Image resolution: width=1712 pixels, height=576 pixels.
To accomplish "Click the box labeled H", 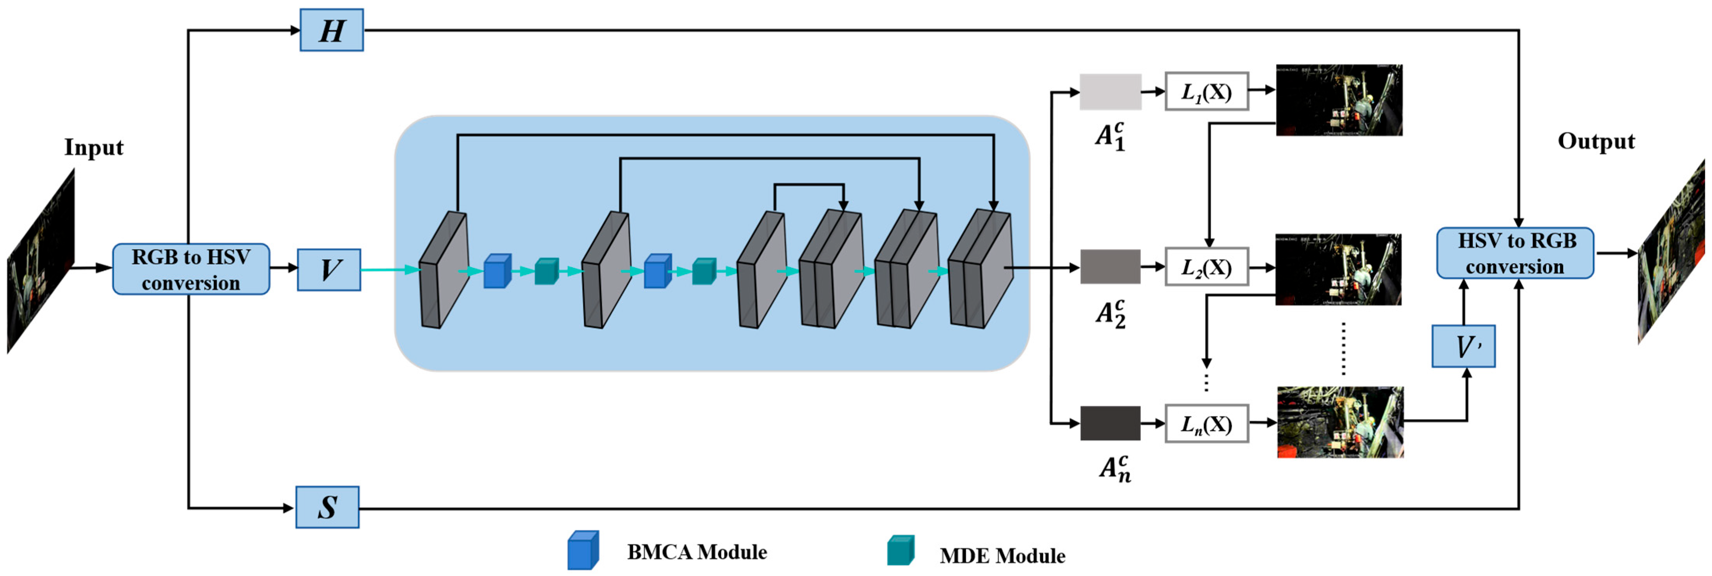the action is click(x=332, y=30).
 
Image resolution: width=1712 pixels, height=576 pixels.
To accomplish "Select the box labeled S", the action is click(x=328, y=507).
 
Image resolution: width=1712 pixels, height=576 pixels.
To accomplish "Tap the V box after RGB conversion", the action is click(x=329, y=269).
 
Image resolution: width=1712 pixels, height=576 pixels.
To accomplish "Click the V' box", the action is click(x=1463, y=346).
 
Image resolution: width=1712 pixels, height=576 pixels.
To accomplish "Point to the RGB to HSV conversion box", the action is click(x=191, y=269).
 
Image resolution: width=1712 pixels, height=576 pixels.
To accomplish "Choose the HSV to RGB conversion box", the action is click(x=1515, y=253).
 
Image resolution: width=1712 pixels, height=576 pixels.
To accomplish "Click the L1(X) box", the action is click(x=1206, y=91).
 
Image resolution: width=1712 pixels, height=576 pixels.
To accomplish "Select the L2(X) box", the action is click(x=1206, y=267).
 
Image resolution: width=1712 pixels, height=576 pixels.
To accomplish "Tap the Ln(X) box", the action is click(x=1206, y=424).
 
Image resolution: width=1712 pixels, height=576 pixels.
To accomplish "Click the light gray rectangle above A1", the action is click(x=1110, y=92).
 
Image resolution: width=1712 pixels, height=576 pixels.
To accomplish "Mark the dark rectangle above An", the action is click(x=1110, y=423).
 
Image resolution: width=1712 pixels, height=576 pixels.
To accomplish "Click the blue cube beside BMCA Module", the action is click(x=583, y=550).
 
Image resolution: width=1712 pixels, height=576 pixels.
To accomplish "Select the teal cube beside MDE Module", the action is click(x=901, y=550).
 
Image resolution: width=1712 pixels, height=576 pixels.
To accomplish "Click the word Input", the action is click(x=94, y=147).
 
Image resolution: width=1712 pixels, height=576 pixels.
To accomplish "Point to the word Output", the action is click(x=1596, y=141).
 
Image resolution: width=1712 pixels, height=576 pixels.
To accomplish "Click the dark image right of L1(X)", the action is click(x=1339, y=100).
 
